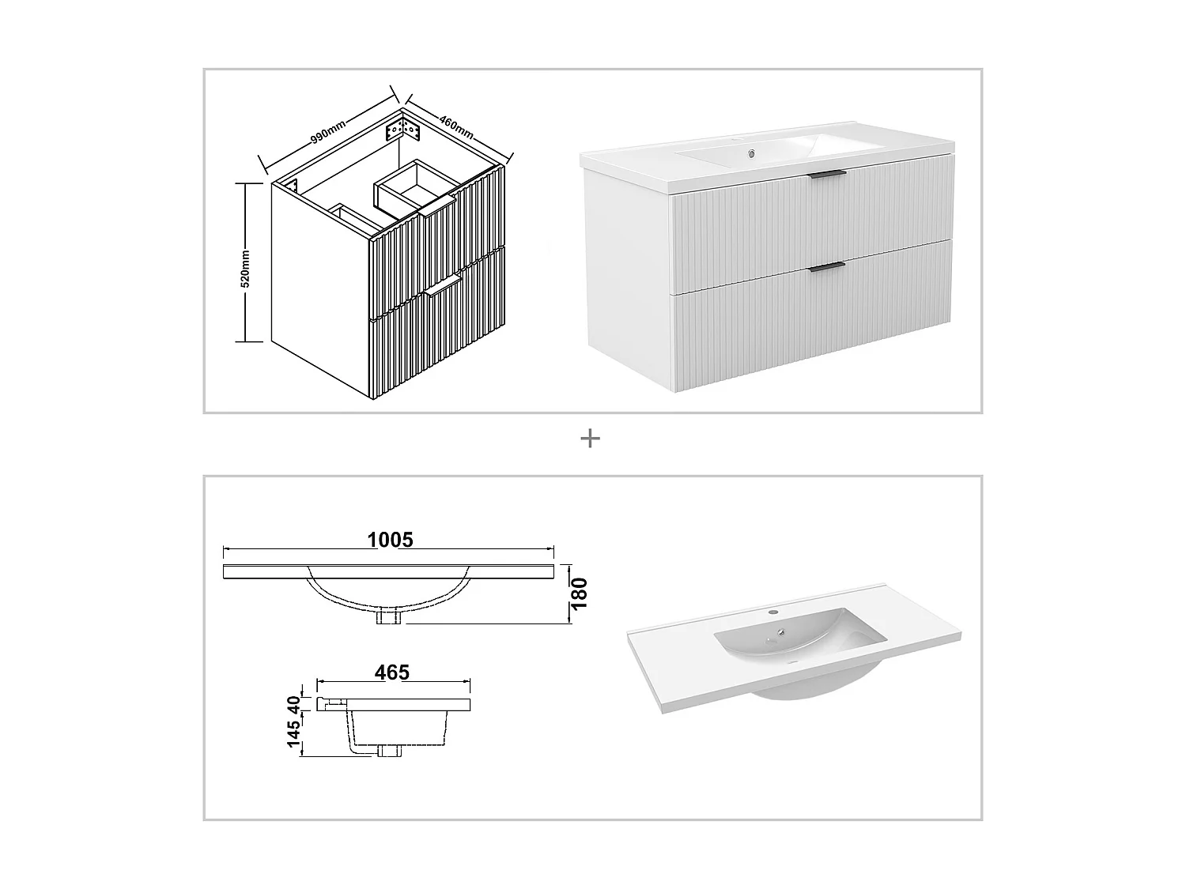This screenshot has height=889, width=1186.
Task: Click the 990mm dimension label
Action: click(x=327, y=129)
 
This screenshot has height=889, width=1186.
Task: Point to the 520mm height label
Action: click(x=245, y=268)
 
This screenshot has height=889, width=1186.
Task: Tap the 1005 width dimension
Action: click(x=390, y=540)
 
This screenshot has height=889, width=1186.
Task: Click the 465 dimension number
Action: click(x=392, y=672)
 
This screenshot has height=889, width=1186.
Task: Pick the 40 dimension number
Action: click(x=294, y=703)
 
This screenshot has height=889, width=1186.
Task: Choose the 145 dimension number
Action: click(x=294, y=734)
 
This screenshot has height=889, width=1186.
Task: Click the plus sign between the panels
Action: click(x=590, y=438)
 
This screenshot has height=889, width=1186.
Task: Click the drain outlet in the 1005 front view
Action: click(x=389, y=616)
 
